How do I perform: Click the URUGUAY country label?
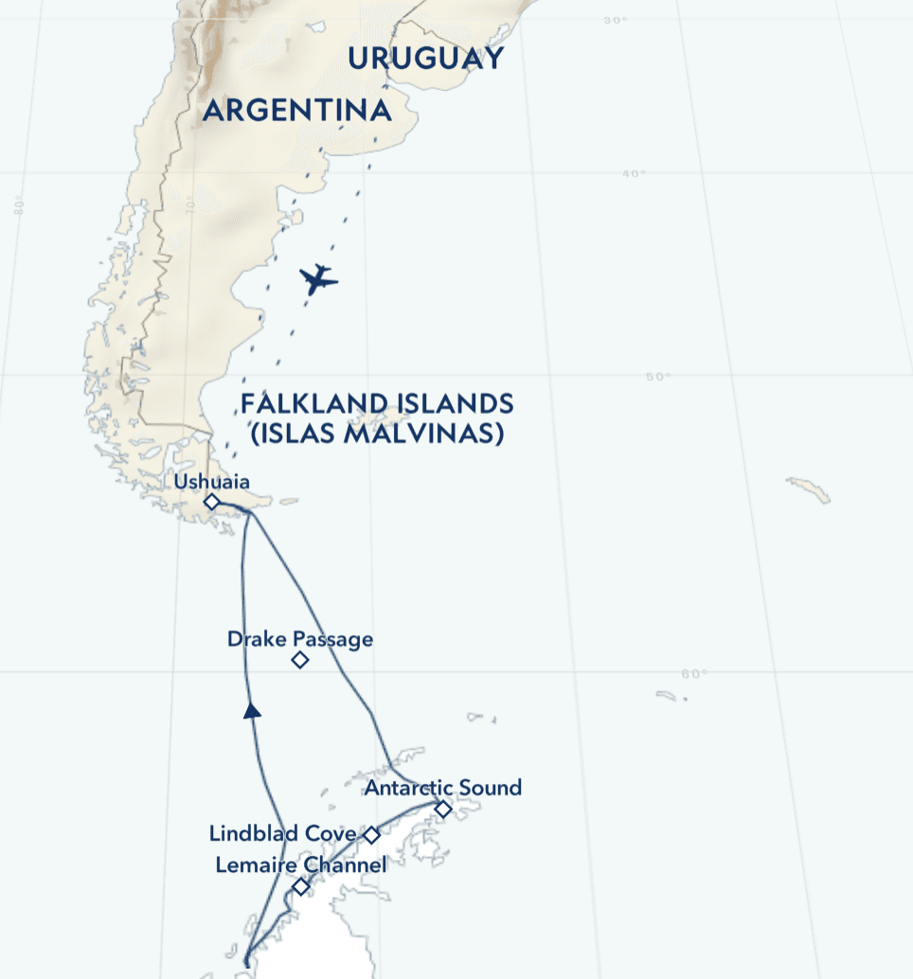tap(425, 59)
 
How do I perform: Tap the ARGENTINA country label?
tap(296, 111)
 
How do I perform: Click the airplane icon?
tap(318, 279)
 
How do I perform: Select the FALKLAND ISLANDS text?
tap(377, 404)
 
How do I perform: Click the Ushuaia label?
tap(211, 482)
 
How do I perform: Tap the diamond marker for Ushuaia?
tap(212, 502)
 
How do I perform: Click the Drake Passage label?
tap(299, 639)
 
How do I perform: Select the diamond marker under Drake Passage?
tap(300, 660)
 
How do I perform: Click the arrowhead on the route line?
tap(251, 710)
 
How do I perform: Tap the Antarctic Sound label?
tap(443, 788)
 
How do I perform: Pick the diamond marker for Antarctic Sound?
tap(443, 809)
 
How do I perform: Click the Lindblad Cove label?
tap(282, 834)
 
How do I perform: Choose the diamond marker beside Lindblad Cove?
tap(372, 835)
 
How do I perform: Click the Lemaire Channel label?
tap(300, 865)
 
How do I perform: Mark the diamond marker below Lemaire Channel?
tap(300, 887)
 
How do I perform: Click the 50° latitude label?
tap(658, 377)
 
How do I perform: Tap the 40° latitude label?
tap(634, 173)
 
